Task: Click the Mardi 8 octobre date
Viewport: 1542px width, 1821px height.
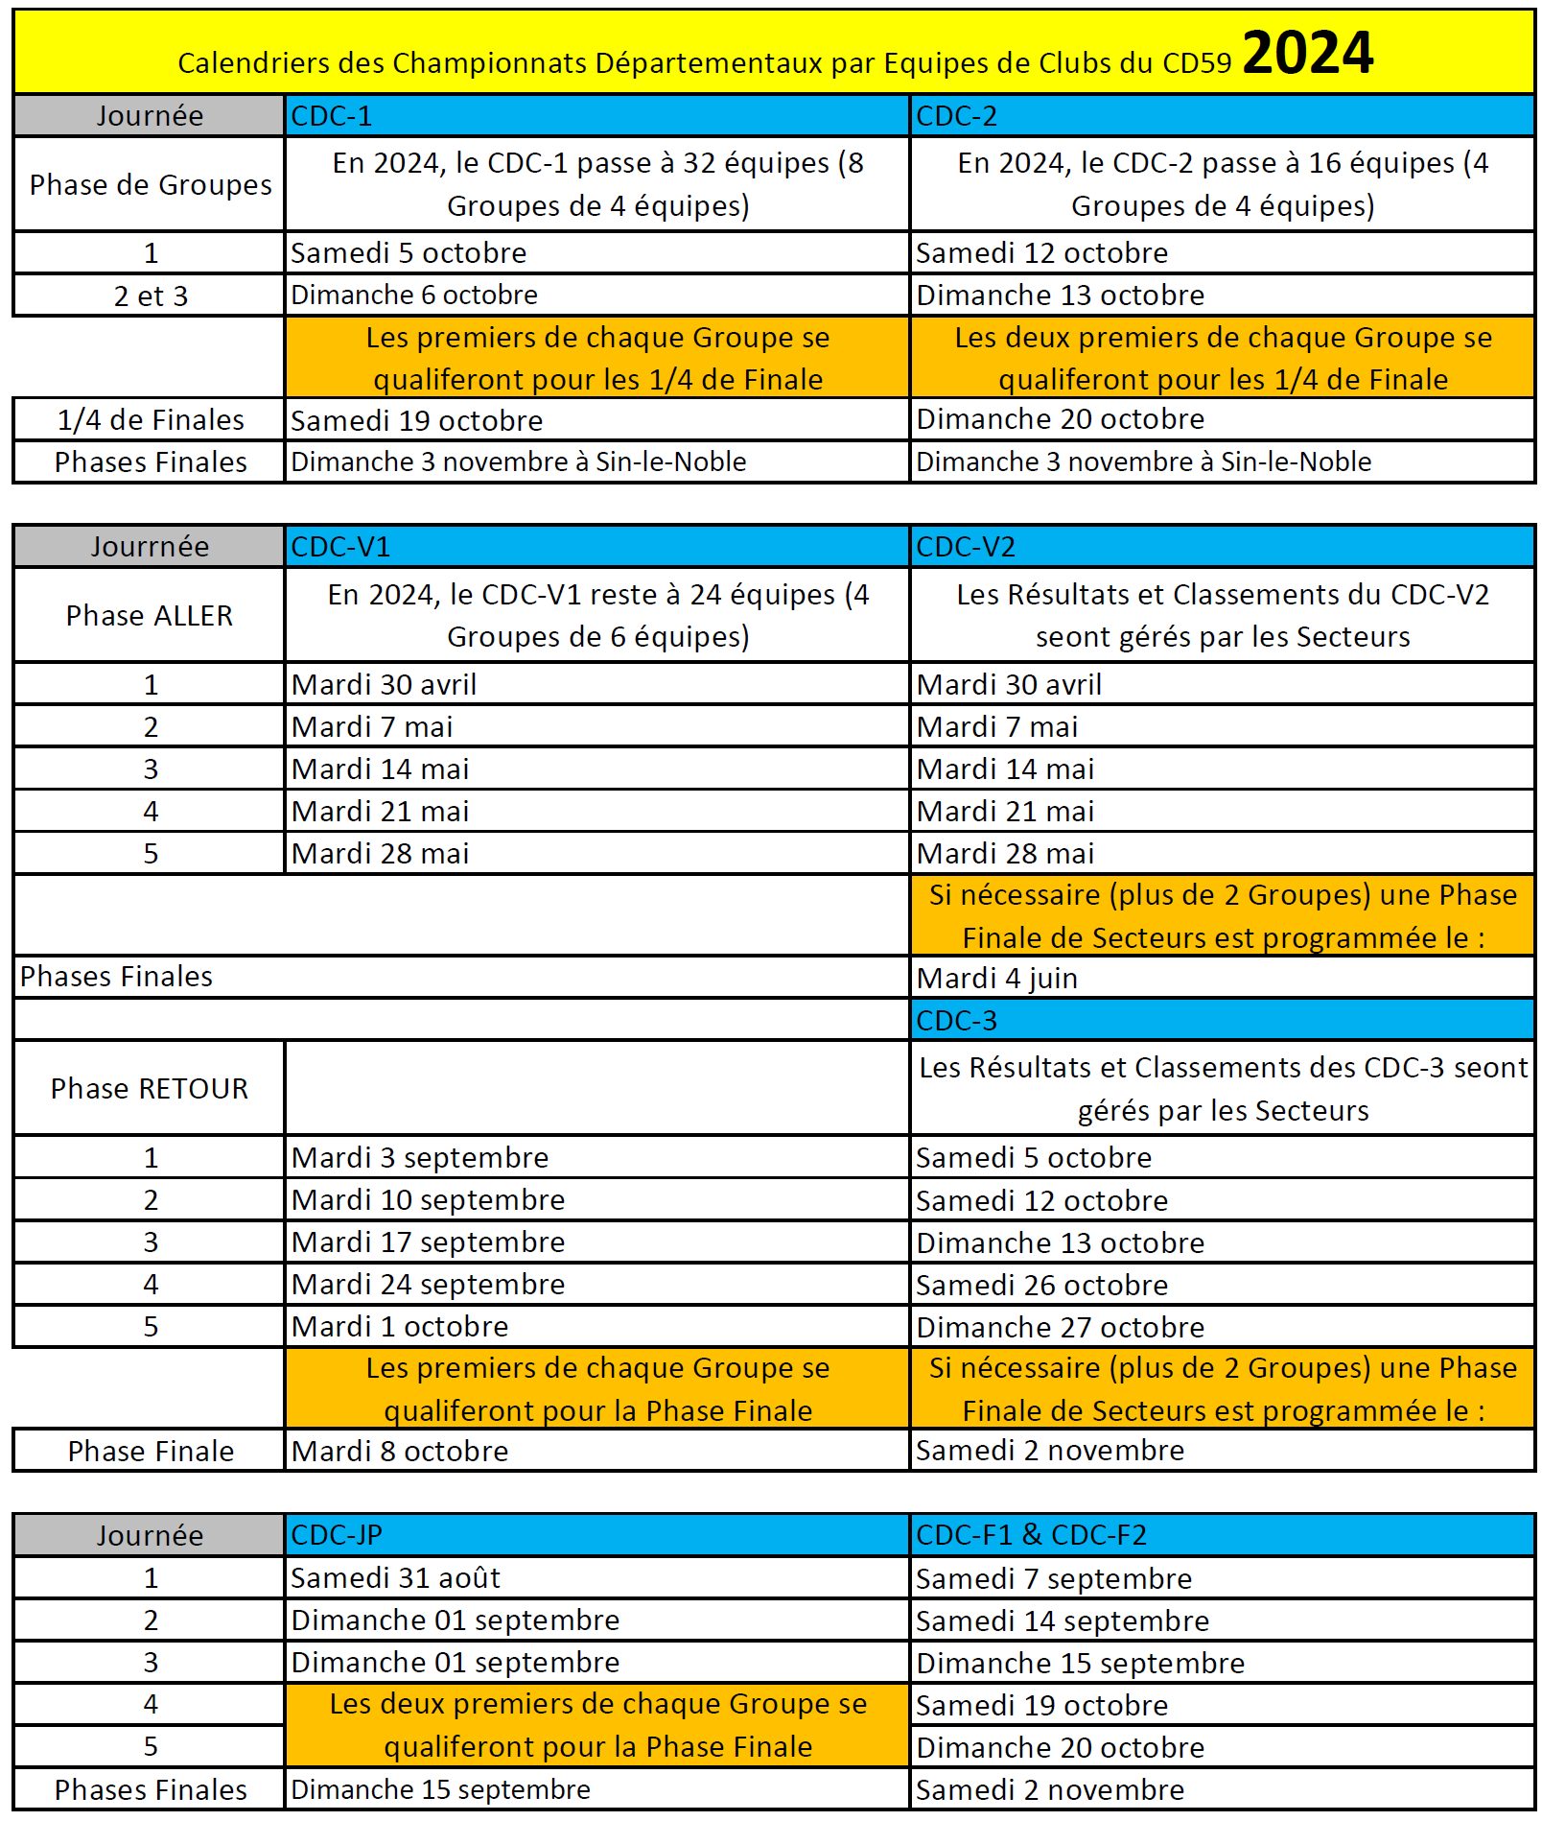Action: click(400, 1451)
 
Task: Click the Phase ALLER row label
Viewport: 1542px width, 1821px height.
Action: click(150, 615)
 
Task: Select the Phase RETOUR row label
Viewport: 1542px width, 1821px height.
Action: click(150, 1088)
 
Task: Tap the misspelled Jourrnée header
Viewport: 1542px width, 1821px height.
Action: click(150, 547)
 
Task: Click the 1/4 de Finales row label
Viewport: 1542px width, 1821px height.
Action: click(151, 420)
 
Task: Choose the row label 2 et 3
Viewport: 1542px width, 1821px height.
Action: click(151, 296)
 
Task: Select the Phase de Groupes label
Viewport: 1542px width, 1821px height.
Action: click(151, 184)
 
